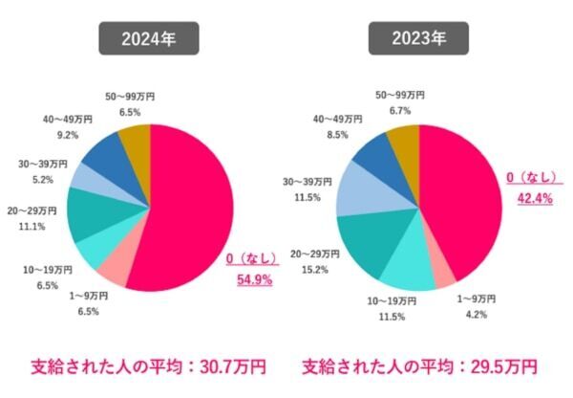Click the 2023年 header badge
419,41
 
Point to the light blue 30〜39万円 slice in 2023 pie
361,189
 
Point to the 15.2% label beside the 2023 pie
316,270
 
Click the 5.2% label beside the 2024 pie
41,178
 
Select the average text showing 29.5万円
419,366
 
